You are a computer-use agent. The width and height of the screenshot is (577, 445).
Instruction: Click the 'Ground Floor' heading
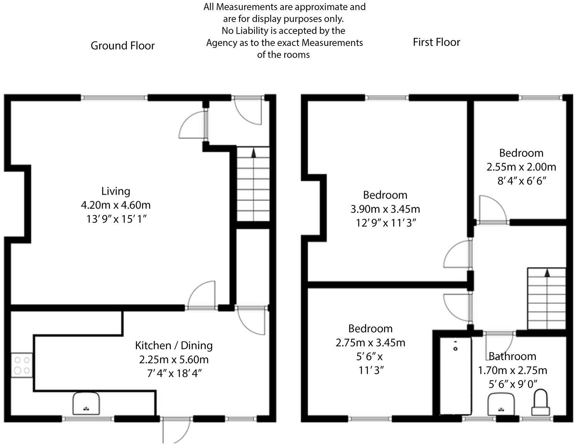123,46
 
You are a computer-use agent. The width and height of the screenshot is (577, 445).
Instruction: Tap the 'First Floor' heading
436,42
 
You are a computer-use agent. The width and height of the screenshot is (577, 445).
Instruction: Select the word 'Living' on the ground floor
116,191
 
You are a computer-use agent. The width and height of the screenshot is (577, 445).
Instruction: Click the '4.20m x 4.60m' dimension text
116,205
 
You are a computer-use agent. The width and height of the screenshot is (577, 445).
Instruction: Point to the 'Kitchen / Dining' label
174,345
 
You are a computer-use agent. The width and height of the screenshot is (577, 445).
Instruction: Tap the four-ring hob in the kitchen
22,365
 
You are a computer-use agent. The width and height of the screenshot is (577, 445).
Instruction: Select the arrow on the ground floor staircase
253,153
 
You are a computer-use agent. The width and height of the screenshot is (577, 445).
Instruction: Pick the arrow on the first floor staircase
547,273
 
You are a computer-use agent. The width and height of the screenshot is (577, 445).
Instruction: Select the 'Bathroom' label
512,356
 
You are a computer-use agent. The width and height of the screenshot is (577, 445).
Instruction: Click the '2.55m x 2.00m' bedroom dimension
521,167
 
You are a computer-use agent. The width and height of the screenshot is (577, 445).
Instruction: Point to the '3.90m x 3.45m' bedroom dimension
385,209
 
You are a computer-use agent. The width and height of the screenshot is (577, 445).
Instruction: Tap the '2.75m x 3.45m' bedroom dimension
370,342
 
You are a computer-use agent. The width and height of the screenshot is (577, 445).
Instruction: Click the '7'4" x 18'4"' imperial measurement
174,373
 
